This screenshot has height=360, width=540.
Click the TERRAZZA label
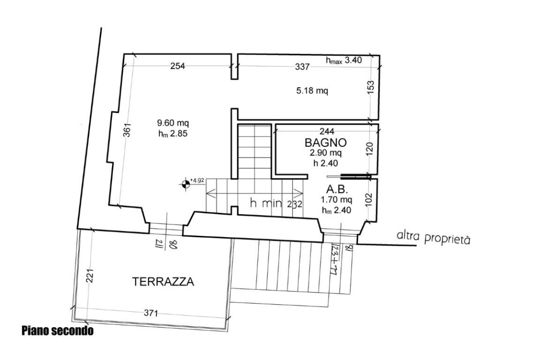click(x=163, y=282)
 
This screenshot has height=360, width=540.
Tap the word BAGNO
click(x=326, y=143)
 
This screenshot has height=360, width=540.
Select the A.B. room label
click(x=337, y=189)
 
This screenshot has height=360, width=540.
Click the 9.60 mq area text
click(x=173, y=123)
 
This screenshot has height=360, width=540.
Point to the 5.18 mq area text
click(x=312, y=91)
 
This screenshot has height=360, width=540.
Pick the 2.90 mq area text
click(x=326, y=153)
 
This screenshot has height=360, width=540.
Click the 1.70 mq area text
click(x=336, y=200)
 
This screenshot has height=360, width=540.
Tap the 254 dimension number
click(x=178, y=66)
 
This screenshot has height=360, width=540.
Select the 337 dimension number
click(x=302, y=67)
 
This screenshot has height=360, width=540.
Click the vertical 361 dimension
click(x=127, y=130)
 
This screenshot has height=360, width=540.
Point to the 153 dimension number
click(x=371, y=87)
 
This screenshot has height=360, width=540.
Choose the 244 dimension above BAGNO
click(x=327, y=131)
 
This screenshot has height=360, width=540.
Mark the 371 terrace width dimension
click(x=151, y=313)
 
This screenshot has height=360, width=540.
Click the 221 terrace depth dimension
click(x=90, y=276)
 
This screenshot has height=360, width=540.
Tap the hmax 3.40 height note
click(x=344, y=60)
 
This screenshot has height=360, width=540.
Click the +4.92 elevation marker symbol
click(x=185, y=184)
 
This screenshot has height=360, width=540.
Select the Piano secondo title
click(x=58, y=331)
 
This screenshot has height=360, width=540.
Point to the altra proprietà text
click(x=433, y=238)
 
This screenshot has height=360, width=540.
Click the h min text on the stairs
click(x=266, y=203)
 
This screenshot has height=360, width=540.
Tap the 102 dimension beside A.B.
click(x=369, y=200)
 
